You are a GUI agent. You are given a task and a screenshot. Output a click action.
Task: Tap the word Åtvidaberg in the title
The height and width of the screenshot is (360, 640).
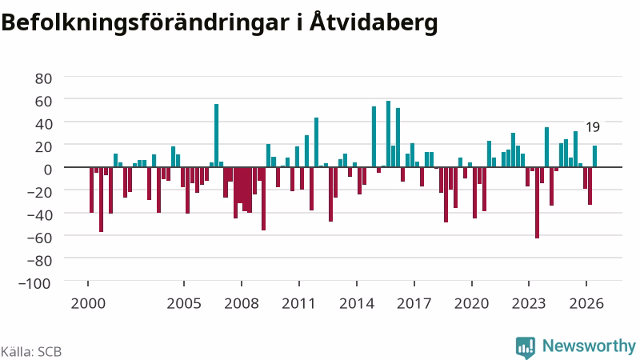(x=374, y=22)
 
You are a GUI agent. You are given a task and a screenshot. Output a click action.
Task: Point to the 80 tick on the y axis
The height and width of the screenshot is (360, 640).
(x=44, y=78)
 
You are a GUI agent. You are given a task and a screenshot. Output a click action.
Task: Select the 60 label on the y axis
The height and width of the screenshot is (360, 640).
(x=44, y=102)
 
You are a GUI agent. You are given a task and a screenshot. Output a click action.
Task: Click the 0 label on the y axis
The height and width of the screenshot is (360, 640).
(x=48, y=170)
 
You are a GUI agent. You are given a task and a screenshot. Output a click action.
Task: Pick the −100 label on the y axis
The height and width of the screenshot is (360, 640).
(x=35, y=283)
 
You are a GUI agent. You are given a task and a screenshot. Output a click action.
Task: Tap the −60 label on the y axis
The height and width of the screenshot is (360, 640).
(x=39, y=238)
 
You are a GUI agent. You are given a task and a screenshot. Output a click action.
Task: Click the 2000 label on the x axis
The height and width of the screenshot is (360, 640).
(x=88, y=303)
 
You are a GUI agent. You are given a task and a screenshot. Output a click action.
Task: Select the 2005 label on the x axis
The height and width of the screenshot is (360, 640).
(x=184, y=303)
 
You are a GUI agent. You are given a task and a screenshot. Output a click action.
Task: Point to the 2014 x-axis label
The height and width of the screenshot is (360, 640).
(x=357, y=303)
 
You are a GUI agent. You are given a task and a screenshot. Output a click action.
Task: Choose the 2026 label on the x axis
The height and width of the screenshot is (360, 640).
(x=586, y=303)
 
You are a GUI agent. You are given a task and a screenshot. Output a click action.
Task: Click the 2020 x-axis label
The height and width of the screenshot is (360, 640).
(x=472, y=303)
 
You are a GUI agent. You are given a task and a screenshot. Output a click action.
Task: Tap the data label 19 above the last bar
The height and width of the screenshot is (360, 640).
(x=593, y=127)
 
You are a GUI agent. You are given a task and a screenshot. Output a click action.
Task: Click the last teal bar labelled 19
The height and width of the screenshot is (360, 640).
(x=594, y=156)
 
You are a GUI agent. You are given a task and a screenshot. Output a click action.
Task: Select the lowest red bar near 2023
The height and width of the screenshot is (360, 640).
(x=537, y=203)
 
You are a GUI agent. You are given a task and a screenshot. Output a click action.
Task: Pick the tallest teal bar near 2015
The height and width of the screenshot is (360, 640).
(x=388, y=134)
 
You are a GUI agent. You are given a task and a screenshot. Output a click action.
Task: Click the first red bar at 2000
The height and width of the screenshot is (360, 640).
(x=92, y=190)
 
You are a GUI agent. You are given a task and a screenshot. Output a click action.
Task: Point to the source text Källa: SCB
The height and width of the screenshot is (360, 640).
(x=31, y=352)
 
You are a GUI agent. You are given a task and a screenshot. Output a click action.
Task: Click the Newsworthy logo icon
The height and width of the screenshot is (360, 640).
(x=526, y=347)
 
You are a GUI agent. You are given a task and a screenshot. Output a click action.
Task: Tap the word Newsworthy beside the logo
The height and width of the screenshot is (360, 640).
(x=589, y=346)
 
